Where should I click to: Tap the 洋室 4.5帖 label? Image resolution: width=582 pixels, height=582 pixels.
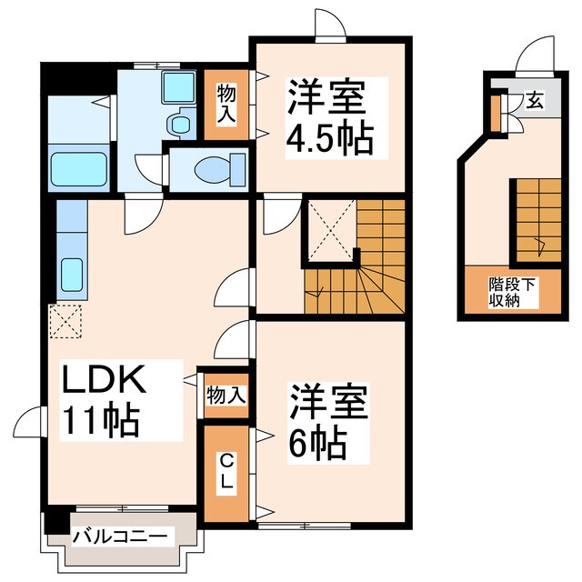(329, 117)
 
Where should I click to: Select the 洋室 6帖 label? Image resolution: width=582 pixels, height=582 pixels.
(329, 424)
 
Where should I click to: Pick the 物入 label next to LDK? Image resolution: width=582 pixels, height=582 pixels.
(226, 396)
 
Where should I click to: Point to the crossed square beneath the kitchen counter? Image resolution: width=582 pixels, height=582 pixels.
(65, 319)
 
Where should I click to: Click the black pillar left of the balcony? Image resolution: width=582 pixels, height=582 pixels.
(55, 524)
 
